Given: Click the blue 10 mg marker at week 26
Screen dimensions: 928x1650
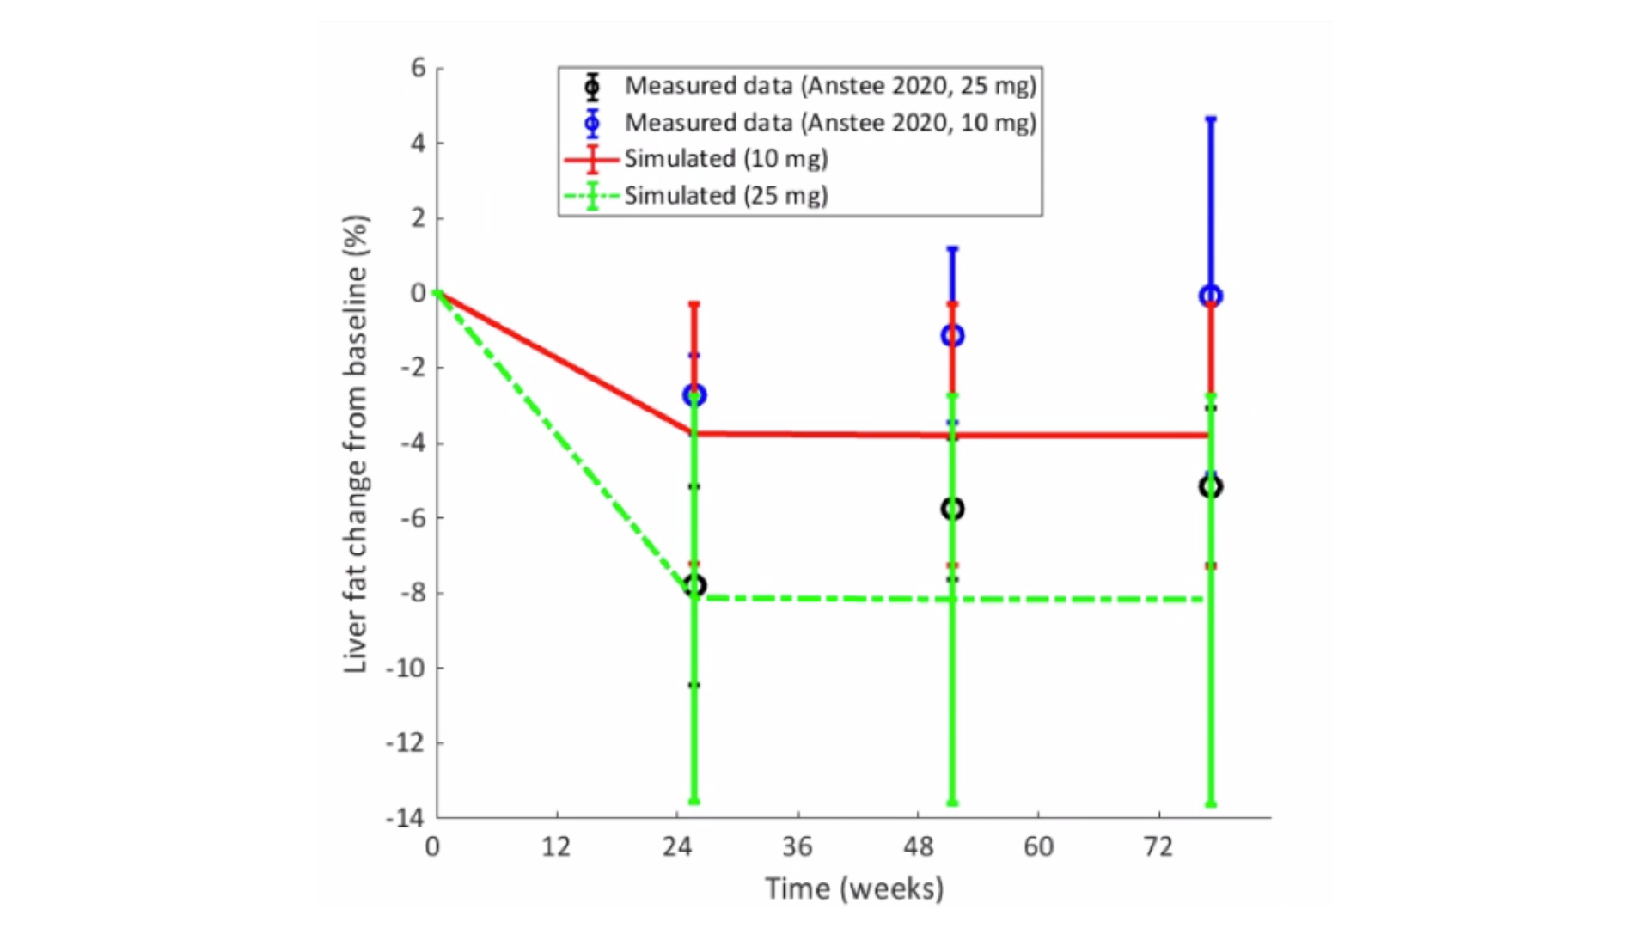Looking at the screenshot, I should pos(694,395).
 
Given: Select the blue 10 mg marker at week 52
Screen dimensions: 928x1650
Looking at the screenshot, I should pos(952,335).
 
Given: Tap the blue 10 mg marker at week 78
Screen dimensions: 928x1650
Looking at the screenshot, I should pos(1211,296).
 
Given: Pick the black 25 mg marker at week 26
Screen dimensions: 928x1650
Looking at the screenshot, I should pos(694,586).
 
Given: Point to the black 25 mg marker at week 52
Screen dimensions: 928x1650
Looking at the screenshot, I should pos(952,509).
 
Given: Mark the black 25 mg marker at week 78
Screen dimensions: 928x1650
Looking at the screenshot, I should pos(1211,487).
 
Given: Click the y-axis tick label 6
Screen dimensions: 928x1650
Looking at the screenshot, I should pos(419,68).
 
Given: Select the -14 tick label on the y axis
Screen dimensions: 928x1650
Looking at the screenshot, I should pos(406,818).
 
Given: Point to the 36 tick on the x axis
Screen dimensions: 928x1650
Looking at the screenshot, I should pos(797,847).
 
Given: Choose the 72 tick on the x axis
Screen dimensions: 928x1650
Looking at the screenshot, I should pos(1158,847).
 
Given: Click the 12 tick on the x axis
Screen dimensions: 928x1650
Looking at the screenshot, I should pos(556,847).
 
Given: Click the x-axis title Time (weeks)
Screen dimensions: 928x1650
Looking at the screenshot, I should pos(854,888).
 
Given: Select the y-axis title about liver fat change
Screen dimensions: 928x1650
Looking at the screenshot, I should pos(356,443).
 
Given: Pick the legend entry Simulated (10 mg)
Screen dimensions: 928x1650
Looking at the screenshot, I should pos(725,159).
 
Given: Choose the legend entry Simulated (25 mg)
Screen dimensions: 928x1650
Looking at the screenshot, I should pos(725,196).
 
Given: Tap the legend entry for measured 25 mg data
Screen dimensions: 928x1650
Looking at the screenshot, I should pos(830,86).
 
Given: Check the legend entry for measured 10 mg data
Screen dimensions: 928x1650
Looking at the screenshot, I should pos(830,123).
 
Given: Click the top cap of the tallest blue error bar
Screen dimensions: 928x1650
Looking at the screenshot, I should pos(1211,119).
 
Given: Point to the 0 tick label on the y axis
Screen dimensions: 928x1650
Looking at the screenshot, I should pos(419,293).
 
